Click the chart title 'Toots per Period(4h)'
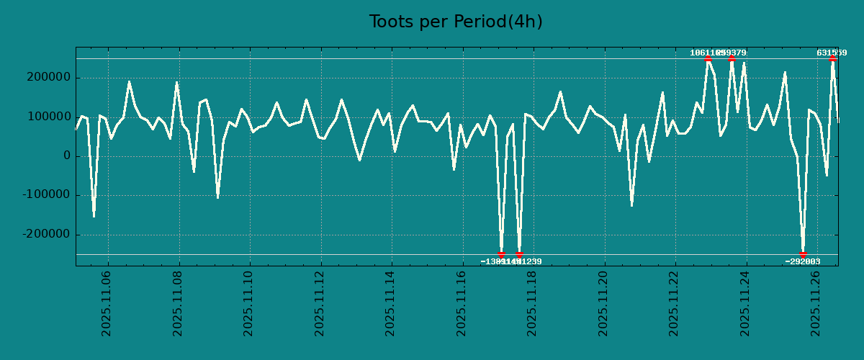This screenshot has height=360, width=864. pos(456,22)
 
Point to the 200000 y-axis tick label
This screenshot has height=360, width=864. pos(48,78)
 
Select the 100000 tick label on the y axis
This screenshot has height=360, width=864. pos(48,117)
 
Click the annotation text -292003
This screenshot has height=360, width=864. pos(803,262)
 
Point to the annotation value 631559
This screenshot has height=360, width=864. pos(832,53)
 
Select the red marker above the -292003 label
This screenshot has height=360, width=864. pos(803,254)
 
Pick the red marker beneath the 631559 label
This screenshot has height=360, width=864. pos(832,59)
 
